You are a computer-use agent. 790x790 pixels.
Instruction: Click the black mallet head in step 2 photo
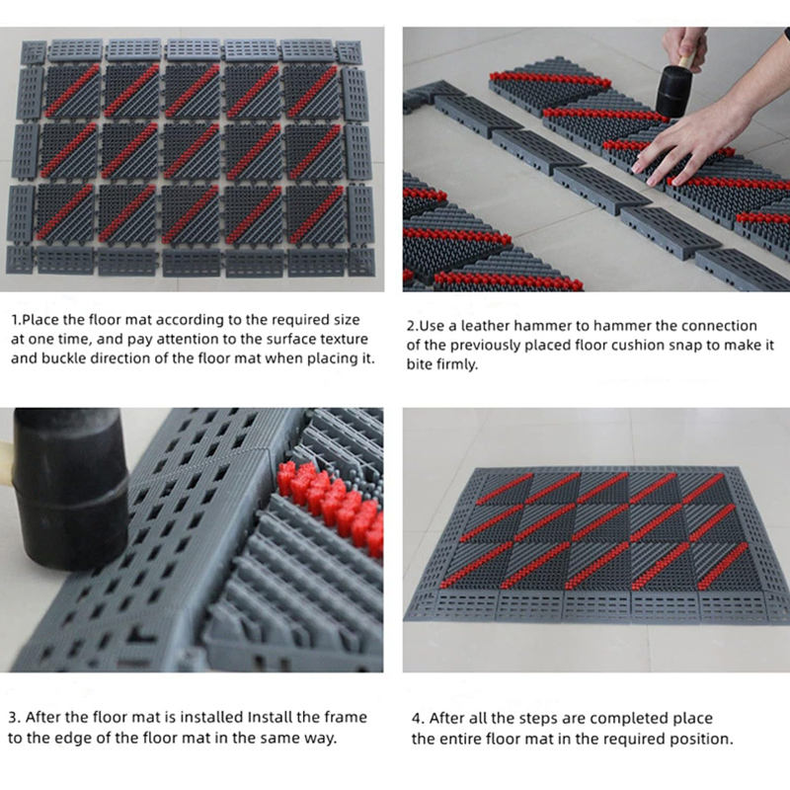(x=674, y=91)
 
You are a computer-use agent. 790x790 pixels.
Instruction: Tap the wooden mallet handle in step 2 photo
(x=686, y=60)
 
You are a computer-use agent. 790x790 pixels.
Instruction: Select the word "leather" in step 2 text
(x=485, y=326)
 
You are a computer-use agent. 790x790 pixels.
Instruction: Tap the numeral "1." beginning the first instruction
(x=17, y=320)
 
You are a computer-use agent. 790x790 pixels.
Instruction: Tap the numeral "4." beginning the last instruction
(x=418, y=718)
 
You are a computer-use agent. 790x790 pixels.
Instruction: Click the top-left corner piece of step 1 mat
(x=34, y=52)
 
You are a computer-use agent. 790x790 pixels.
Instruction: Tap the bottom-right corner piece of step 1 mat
(x=361, y=261)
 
